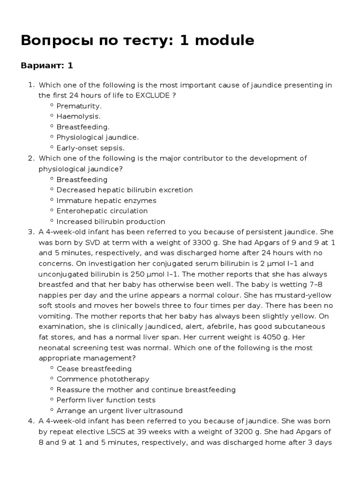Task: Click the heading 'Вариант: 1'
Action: pos(47,65)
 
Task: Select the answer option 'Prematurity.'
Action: pos(79,106)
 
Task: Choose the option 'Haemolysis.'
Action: pos(78,116)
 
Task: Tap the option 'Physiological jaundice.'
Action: pos(97,137)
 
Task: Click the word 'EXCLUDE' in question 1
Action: pos(152,95)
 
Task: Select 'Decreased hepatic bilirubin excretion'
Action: pos(124,190)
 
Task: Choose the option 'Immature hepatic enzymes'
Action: pos(106,201)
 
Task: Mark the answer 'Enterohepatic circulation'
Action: pos(102,211)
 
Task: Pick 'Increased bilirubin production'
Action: pos(111,221)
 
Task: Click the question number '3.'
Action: pos(31,232)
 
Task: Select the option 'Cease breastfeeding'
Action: pos(94,368)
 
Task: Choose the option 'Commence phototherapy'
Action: pos(103,379)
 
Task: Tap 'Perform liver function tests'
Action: pos(106,400)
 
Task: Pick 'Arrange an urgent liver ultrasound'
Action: pos(120,411)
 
